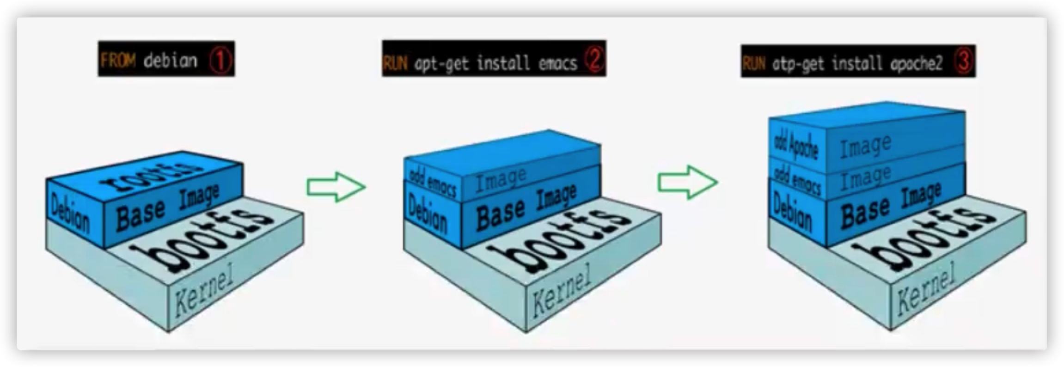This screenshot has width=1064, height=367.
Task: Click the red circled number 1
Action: point(220,61)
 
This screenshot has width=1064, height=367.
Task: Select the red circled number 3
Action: point(964,62)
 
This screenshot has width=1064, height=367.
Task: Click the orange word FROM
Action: point(118,61)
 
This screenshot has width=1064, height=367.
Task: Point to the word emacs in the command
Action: point(558,62)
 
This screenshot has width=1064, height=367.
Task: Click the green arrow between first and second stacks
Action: point(336,187)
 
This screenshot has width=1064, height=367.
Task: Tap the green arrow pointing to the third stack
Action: point(688,182)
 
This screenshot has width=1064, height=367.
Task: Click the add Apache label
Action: point(796,145)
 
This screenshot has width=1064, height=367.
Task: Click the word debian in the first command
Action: point(170,61)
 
